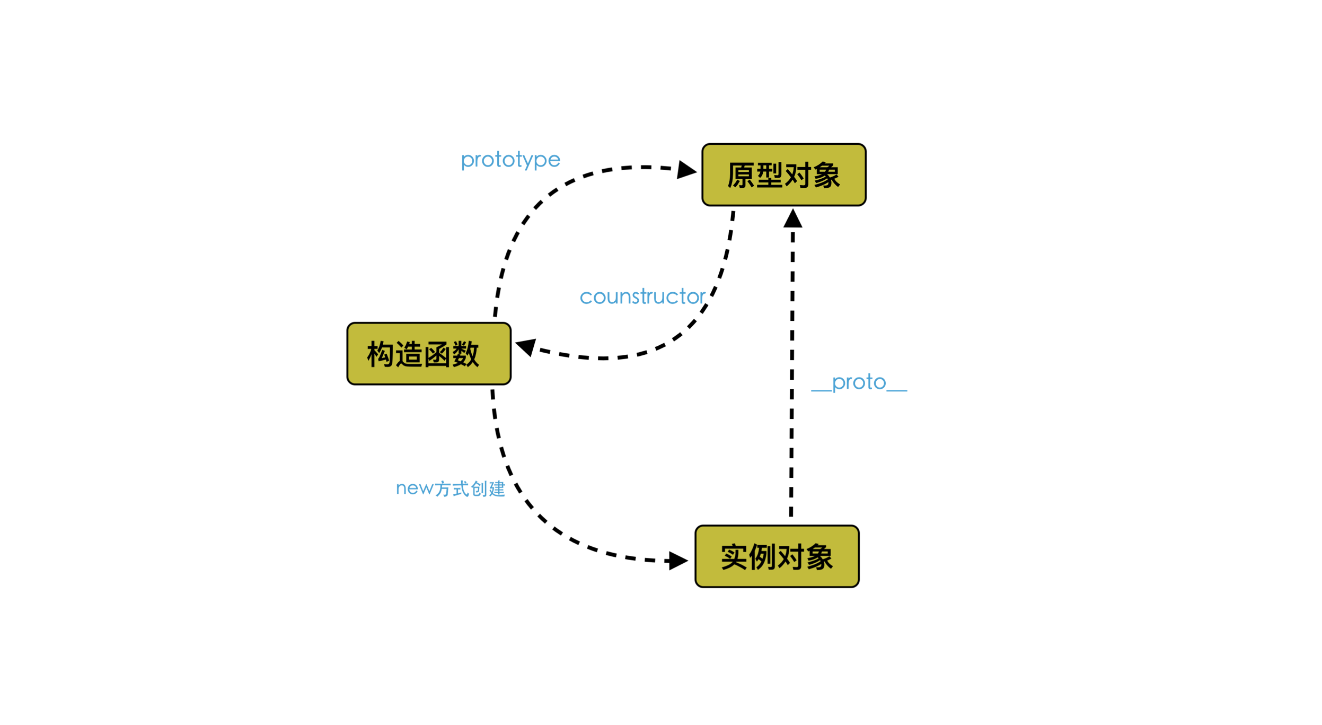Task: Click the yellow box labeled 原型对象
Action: tap(783, 174)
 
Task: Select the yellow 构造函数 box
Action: tap(428, 353)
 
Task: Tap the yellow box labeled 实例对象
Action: tap(777, 556)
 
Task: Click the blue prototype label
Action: tap(510, 160)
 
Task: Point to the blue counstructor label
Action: tap(642, 296)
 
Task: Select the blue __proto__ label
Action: tap(859, 382)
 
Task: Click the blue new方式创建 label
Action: tap(451, 488)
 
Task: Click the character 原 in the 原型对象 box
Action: tap(741, 175)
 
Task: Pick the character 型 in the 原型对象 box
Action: tap(770, 175)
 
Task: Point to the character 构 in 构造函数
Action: tap(381, 354)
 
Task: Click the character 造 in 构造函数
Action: tap(409, 354)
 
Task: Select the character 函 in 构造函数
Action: tap(437, 354)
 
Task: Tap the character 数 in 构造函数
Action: tap(466, 354)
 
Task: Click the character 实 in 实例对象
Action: tap(734, 557)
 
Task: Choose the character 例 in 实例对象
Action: tap(763, 557)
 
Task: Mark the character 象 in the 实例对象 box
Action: tap(819, 557)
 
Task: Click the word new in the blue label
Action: tap(415, 488)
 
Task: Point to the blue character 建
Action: tap(497, 488)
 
